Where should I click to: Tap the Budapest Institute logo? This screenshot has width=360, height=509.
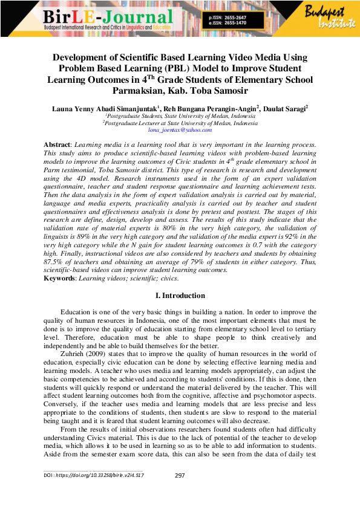(x=332, y=18)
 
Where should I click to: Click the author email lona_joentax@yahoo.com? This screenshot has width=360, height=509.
(x=180, y=130)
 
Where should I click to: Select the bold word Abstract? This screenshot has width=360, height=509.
(x=57, y=146)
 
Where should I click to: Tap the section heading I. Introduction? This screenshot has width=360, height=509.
(x=180, y=296)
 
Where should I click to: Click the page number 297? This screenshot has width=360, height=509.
(x=180, y=476)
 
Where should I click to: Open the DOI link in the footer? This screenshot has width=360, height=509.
(x=94, y=476)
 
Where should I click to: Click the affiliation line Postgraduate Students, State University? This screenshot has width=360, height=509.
(x=180, y=115)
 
